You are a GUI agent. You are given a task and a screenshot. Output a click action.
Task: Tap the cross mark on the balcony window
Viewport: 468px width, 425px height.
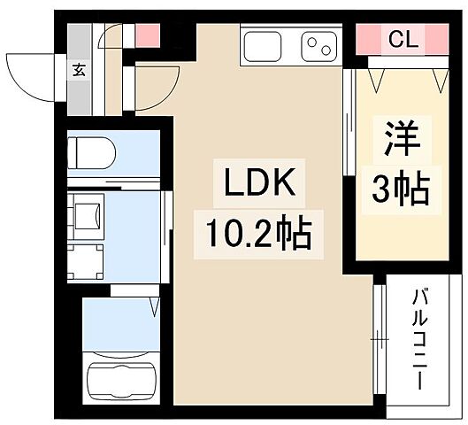point(380,337)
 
